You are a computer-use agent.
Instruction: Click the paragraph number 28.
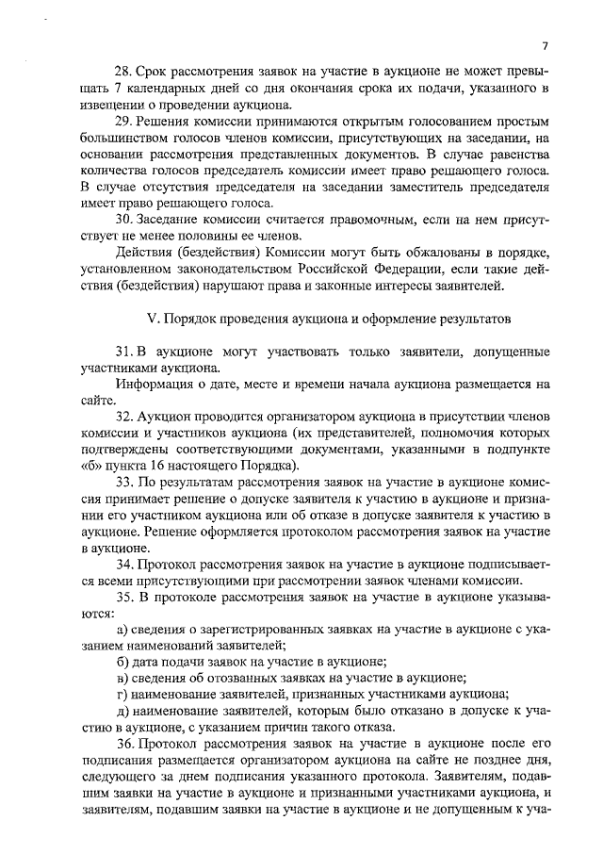pyautogui.click(x=122, y=72)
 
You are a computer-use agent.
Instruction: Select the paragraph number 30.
pyautogui.click(x=122, y=220)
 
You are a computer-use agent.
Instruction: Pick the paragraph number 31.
pyautogui.click(x=122, y=352)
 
